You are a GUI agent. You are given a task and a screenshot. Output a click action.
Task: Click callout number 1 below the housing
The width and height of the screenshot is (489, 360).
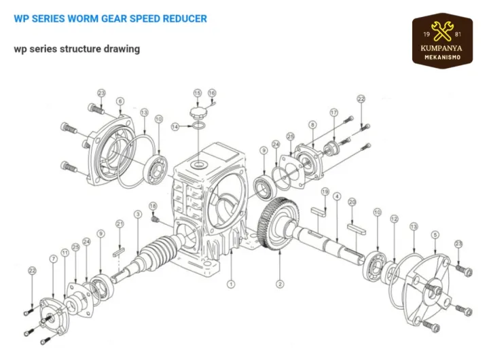pyautogui.click(x=231, y=285)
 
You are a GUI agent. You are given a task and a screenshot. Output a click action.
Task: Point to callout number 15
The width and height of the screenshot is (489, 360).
pyautogui.click(x=198, y=93)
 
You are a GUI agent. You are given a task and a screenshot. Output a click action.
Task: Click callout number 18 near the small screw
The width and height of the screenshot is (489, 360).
pyautogui.click(x=153, y=206)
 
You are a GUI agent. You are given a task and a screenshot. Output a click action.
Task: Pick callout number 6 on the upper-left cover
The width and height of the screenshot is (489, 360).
pyautogui.click(x=120, y=101)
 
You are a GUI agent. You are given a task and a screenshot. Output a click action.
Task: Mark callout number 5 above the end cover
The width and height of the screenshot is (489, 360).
pyautogui.click(x=435, y=234)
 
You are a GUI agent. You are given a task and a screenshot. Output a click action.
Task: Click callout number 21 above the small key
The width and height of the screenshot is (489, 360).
pyautogui.click(x=120, y=223)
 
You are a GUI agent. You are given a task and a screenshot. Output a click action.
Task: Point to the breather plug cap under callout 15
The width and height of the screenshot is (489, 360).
pyautogui.click(x=198, y=111)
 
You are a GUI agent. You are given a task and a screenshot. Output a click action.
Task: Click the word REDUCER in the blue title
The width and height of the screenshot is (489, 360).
pyautogui.click(x=185, y=18)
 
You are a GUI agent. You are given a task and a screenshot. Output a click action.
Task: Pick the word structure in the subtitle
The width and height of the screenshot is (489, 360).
pyautogui.click(x=83, y=49)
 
